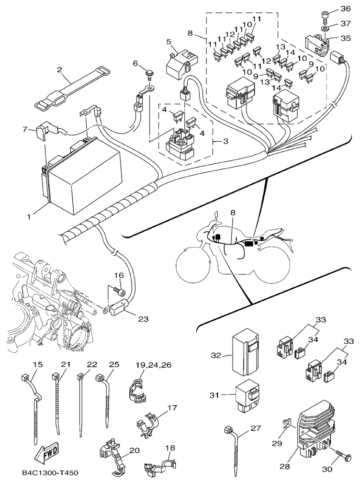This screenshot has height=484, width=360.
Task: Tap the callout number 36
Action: coord(345,9)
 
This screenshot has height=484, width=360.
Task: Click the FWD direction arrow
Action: coord(46,452)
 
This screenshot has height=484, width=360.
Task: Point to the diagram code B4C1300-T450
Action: coord(50,473)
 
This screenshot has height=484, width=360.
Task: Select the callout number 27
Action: coord(256,428)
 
